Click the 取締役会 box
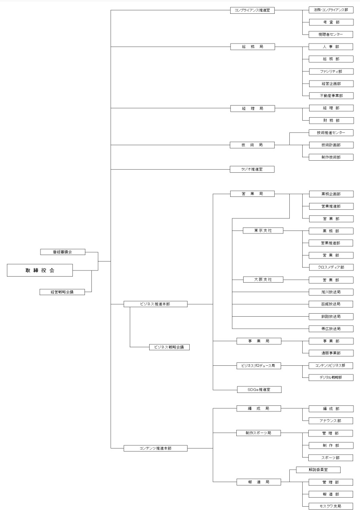point(40,271)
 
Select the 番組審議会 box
point(63,252)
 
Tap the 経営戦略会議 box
point(62,292)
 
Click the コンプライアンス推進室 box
point(252,10)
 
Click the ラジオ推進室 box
point(252,170)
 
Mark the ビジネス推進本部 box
point(155,304)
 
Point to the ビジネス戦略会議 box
point(169,346)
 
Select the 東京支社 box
point(263,230)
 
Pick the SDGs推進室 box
point(259,389)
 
